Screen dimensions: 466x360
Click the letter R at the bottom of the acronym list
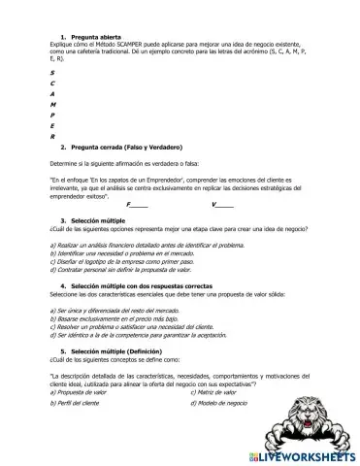51,136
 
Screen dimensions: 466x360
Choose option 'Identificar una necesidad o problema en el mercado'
125,253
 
